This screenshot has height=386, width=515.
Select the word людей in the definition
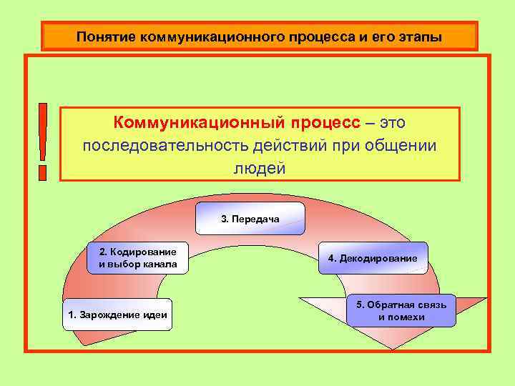[x=260, y=168]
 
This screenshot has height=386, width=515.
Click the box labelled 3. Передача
[x=250, y=219]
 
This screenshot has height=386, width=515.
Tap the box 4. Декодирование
[x=372, y=257]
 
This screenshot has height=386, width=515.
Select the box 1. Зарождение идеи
[x=117, y=315]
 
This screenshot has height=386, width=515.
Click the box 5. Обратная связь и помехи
[x=401, y=311]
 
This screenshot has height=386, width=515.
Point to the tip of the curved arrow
[x=391, y=348]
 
